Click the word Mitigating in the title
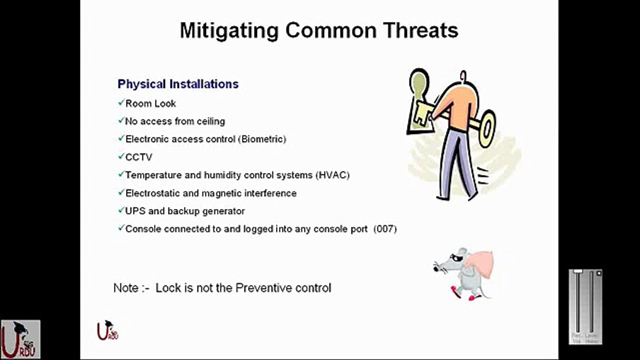229,31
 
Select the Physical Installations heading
178,84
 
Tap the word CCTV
138,157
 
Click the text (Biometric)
263,139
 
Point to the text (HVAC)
332,175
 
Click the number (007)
384,229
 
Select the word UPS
135,211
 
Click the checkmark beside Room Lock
120,103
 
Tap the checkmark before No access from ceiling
120,121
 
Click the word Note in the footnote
125,288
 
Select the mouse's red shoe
455,291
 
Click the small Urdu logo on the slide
107,330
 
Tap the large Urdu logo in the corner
20,339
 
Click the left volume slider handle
578,271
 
